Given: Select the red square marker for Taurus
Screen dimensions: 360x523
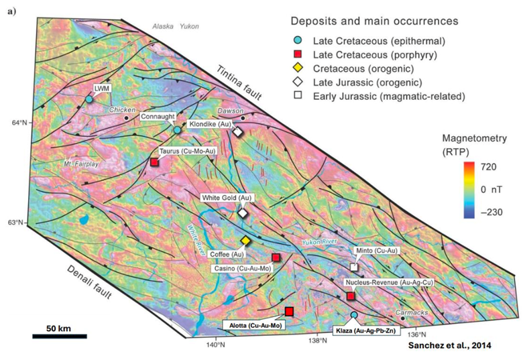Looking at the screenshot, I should click(x=154, y=162).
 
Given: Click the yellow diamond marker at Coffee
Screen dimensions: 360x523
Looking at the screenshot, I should click(x=246, y=241).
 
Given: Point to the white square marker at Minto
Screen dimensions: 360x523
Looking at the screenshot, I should click(x=354, y=267).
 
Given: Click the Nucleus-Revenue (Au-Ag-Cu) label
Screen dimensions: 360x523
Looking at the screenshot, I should click(x=387, y=282).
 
